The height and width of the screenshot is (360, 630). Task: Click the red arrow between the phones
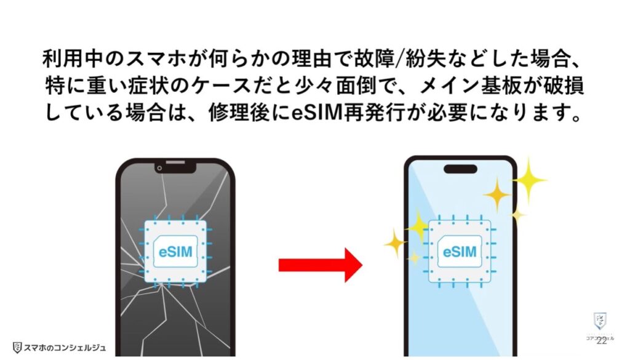pos(320,264)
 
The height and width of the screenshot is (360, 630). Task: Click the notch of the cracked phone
pos(175,167)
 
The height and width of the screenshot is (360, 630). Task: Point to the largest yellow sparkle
pos(528,180)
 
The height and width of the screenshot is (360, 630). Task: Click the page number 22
pos(601,340)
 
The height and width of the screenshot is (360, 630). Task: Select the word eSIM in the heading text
pos(326,114)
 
